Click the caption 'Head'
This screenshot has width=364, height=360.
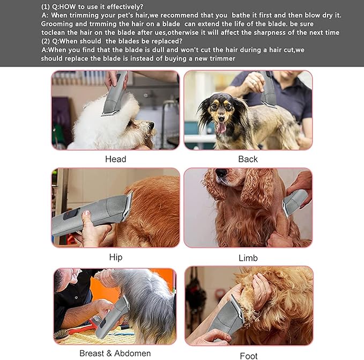pos(115,159)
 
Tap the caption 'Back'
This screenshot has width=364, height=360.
pos(248,159)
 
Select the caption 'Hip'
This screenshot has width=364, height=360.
pos(115,257)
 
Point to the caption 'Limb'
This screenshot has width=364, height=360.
pos(248,258)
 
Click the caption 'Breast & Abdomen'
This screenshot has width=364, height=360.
pos(115,353)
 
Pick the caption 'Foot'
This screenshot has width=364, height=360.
pos(248,355)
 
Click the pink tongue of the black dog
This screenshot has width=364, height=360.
pos(221,127)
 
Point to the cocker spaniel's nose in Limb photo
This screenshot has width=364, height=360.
pos(221,174)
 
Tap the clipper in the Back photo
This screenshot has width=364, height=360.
pos(269,91)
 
